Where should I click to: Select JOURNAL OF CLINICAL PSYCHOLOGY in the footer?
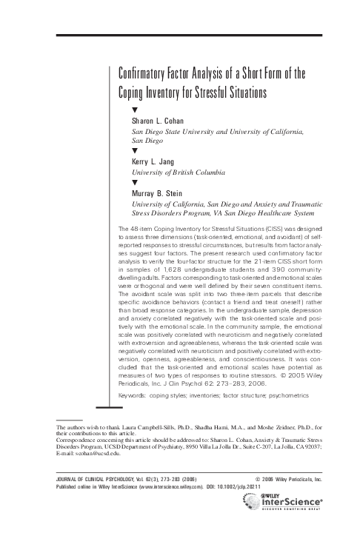click(79, 479)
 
